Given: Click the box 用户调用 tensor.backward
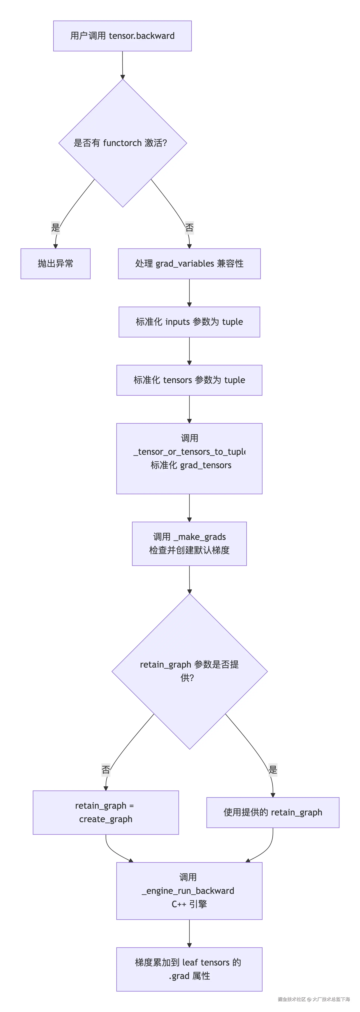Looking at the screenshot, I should click(122, 36).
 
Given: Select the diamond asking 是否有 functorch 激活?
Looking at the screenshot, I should click(122, 143).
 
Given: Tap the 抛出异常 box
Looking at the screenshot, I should click(55, 264).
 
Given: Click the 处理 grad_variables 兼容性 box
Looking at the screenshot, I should click(189, 264).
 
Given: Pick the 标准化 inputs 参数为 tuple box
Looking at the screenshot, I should click(189, 322).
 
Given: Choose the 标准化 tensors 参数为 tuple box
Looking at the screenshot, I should click(189, 380).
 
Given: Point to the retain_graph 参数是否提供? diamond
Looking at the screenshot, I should click(190, 671).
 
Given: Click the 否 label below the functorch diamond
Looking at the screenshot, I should click(189, 227).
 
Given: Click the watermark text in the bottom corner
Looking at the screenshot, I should click(314, 999).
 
